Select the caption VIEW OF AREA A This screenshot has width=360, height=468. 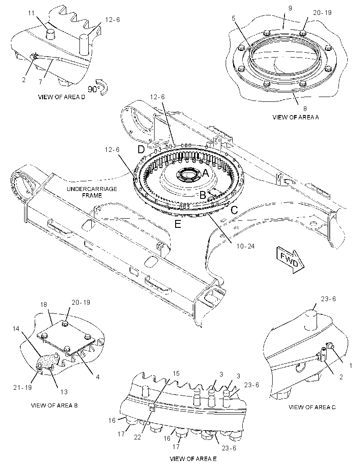[x=295, y=117]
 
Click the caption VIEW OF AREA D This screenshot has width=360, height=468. [x=61, y=97]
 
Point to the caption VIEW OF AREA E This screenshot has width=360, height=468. [x=193, y=459]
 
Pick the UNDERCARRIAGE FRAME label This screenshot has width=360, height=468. [x=92, y=192]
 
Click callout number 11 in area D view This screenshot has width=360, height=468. [x=31, y=13]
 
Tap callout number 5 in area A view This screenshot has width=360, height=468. [x=234, y=18]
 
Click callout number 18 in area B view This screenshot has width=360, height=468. [x=43, y=304]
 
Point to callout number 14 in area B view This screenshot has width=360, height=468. [x=16, y=329]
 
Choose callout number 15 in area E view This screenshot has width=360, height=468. [x=176, y=373]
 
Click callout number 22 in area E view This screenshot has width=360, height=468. [x=137, y=437]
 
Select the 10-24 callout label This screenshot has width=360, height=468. [x=245, y=246]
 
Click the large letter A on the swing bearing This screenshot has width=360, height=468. [x=205, y=173]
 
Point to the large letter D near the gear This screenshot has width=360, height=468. [x=141, y=149]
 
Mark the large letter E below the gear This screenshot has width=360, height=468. [x=178, y=224]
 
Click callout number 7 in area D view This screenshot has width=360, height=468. [x=41, y=81]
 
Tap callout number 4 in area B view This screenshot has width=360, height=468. [x=97, y=377]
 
